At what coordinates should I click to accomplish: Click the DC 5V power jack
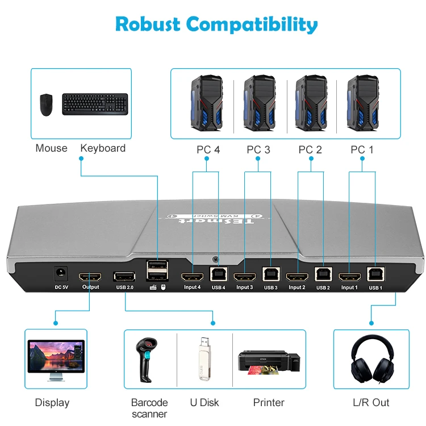(x=58, y=275)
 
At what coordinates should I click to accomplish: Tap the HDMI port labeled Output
(x=90, y=277)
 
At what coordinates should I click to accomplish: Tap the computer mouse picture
(x=47, y=105)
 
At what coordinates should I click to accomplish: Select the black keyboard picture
(x=95, y=104)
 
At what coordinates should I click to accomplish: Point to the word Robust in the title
(x=148, y=24)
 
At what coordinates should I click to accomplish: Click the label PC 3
(x=258, y=150)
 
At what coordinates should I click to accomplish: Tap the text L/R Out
(x=371, y=403)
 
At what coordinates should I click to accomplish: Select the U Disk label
(x=204, y=403)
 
